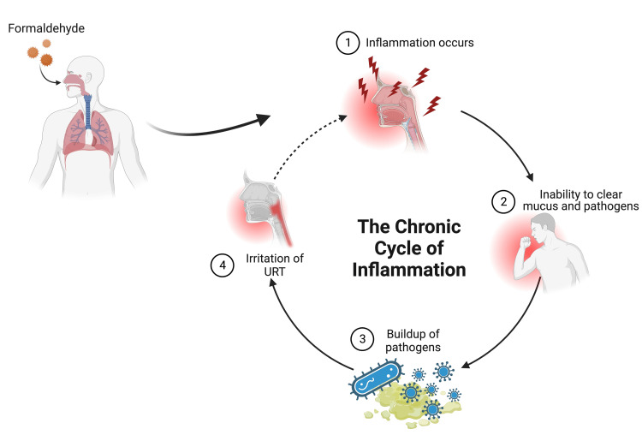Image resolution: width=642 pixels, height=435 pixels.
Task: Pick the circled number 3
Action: pos(362,337)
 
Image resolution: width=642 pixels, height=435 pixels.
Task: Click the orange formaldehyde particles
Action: pos(36,57)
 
